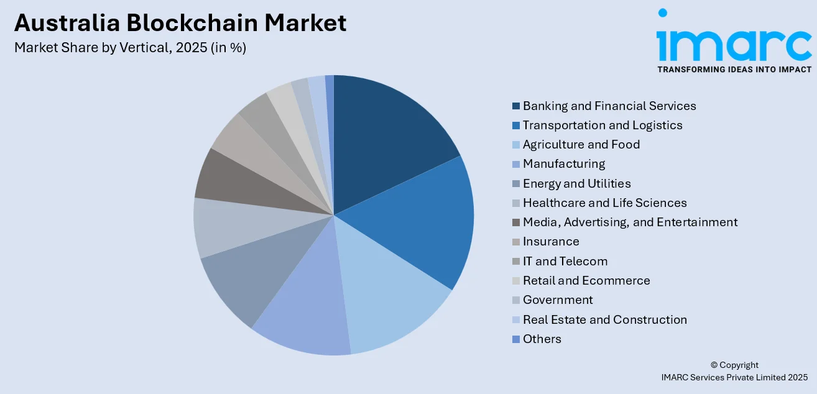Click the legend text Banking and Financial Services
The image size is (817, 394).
pyautogui.click(x=609, y=106)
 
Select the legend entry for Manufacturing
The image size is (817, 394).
pyautogui.click(x=563, y=164)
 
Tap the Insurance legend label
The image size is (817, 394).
pyautogui.click(x=550, y=242)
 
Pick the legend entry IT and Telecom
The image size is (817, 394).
pyautogui.click(x=565, y=261)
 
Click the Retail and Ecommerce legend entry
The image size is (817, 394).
pyautogui.click(x=586, y=280)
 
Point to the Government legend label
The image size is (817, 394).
pyautogui.click(x=557, y=300)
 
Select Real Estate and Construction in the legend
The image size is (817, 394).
pyautogui.click(x=604, y=319)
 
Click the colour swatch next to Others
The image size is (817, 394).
pyautogui.click(x=515, y=339)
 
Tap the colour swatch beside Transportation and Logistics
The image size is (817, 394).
pyautogui.click(x=515, y=126)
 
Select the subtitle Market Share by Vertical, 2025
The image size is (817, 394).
pyautogui.click(x=130, y=47)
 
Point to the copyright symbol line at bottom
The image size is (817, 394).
pyautogui.click(x=734, y=365)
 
